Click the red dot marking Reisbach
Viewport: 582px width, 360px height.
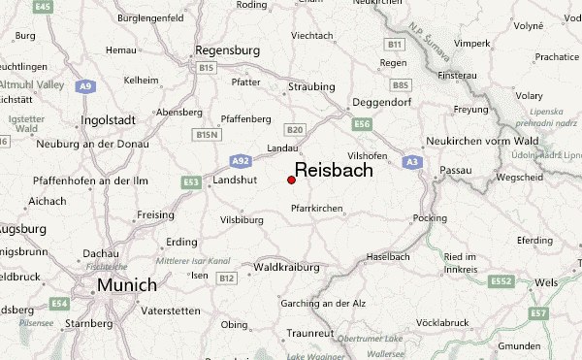[292, 180]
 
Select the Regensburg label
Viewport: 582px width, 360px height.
[228, 49]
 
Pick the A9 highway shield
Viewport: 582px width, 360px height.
[86, 86]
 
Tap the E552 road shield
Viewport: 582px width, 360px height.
[501, 281]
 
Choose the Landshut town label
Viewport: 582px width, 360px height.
[235, 180]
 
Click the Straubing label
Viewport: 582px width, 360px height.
[311, 86]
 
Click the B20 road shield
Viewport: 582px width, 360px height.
[295, 129]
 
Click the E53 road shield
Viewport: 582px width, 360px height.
[191, 181]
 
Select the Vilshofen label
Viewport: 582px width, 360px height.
[367, 155]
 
